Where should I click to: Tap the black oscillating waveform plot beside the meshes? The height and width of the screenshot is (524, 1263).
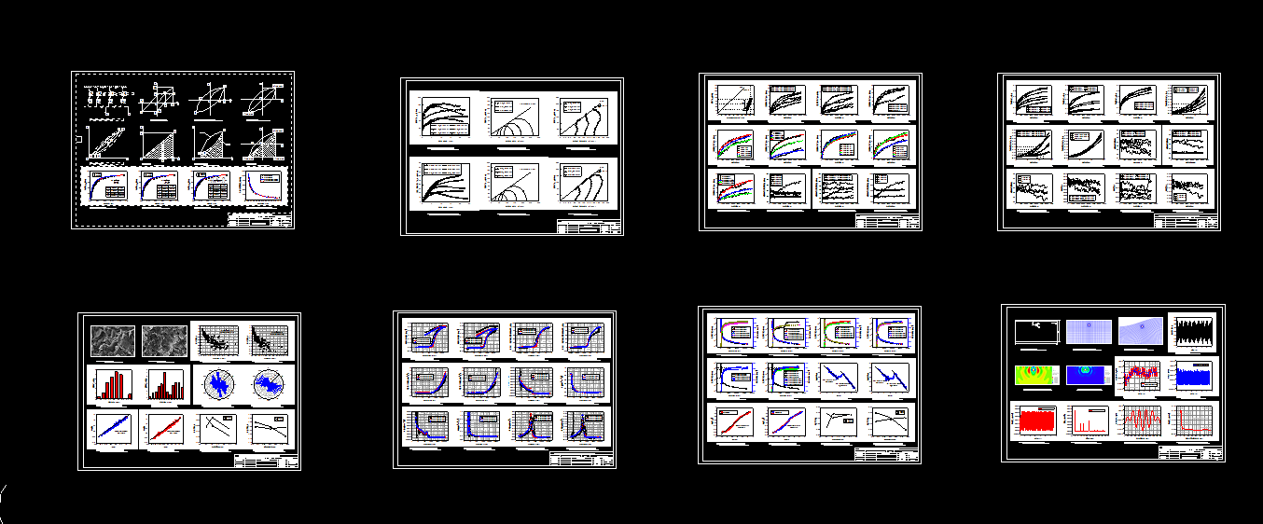tap(1192, 331)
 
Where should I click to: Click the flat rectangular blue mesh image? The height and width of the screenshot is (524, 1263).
tap(1087, 331)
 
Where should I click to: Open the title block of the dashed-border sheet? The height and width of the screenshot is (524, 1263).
tap(260, 220)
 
